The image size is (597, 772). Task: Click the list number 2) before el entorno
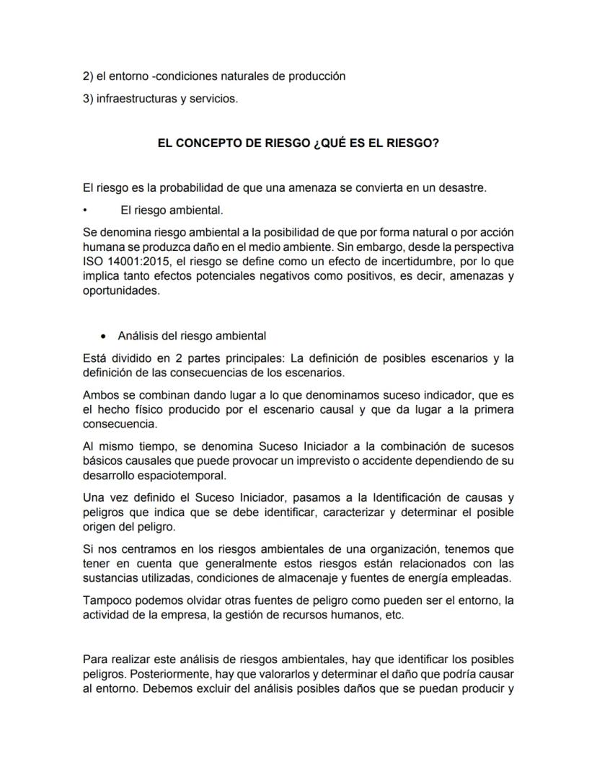pyautogui.click(x=89, y=76)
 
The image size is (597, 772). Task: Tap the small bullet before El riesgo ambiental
pyautogui.click(x=85, y=211)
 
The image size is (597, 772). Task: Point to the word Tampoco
pyautogui.click(x=106, y=601)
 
